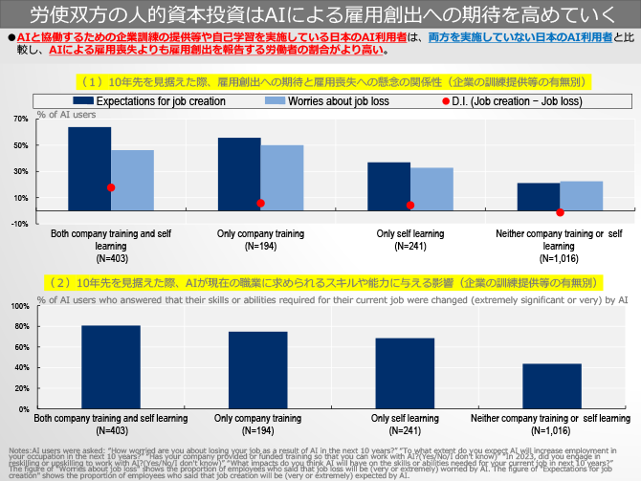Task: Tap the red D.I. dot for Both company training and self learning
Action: point(111,187)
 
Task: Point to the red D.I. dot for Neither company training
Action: point(561,212)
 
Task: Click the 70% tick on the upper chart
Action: point(19,120)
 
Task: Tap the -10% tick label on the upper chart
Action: point(19,224)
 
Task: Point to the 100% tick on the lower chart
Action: point(19,306)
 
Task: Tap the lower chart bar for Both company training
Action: point(111,367)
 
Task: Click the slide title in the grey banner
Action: point(320,15)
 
